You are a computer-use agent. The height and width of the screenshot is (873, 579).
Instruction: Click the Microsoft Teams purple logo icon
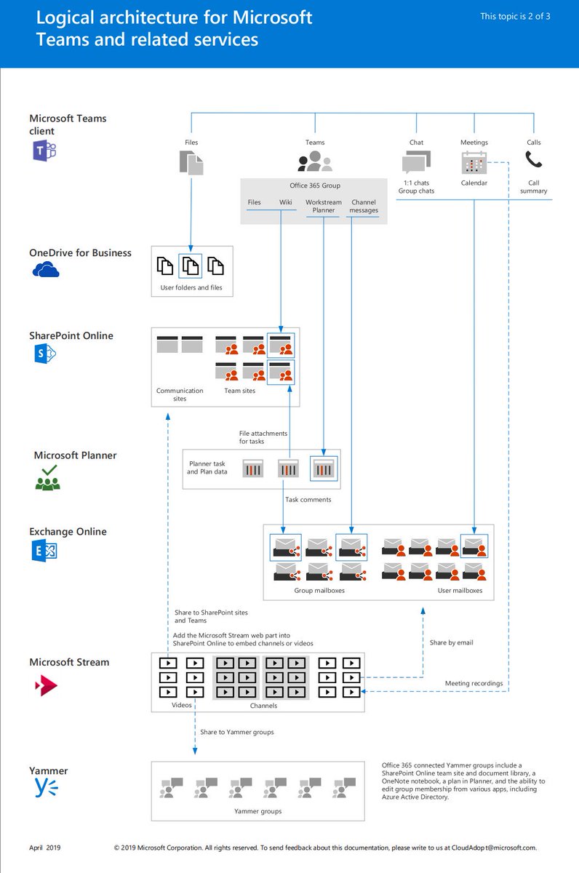point(44,151)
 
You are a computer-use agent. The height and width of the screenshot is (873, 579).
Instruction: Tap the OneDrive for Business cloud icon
point(45,271)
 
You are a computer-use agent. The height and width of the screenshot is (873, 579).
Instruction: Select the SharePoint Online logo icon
point(45,354)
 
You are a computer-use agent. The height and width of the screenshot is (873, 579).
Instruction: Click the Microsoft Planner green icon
point(47,478)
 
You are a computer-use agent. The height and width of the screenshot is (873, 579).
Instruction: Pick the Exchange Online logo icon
point(44,551)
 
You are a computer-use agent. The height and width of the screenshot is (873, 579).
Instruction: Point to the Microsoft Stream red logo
point(46,685)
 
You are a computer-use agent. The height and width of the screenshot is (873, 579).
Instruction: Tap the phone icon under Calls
point(534,159)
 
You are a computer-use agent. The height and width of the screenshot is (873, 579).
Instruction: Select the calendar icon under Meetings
point(474,162)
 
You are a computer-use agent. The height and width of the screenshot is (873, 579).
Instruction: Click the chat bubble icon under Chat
point(416,162)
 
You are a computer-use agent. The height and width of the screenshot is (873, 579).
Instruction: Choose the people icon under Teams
point(315,162)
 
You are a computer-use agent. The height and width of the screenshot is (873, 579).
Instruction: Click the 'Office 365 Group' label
point(314,186)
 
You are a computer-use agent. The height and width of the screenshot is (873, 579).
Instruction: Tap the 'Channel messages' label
point(364,206)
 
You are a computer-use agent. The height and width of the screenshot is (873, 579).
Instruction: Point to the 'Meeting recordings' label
point(474,683)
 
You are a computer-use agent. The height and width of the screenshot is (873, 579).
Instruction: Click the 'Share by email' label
point(451,642)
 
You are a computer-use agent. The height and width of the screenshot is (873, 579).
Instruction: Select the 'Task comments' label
point(308,500)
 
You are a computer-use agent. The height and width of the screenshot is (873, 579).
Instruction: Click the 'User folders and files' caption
point(192,288)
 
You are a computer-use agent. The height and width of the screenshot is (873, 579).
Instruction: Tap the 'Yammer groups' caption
point(257,811)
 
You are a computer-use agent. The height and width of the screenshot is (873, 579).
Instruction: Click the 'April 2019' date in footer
point(47,848)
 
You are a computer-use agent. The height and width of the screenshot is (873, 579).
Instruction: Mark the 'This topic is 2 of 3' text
point(515,16)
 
